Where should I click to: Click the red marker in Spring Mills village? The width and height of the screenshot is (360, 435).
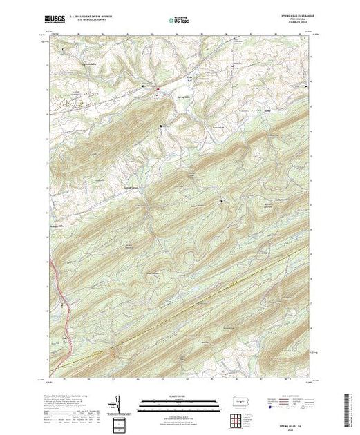(157, 88)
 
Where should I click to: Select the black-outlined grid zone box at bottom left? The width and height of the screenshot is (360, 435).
(120, 424)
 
